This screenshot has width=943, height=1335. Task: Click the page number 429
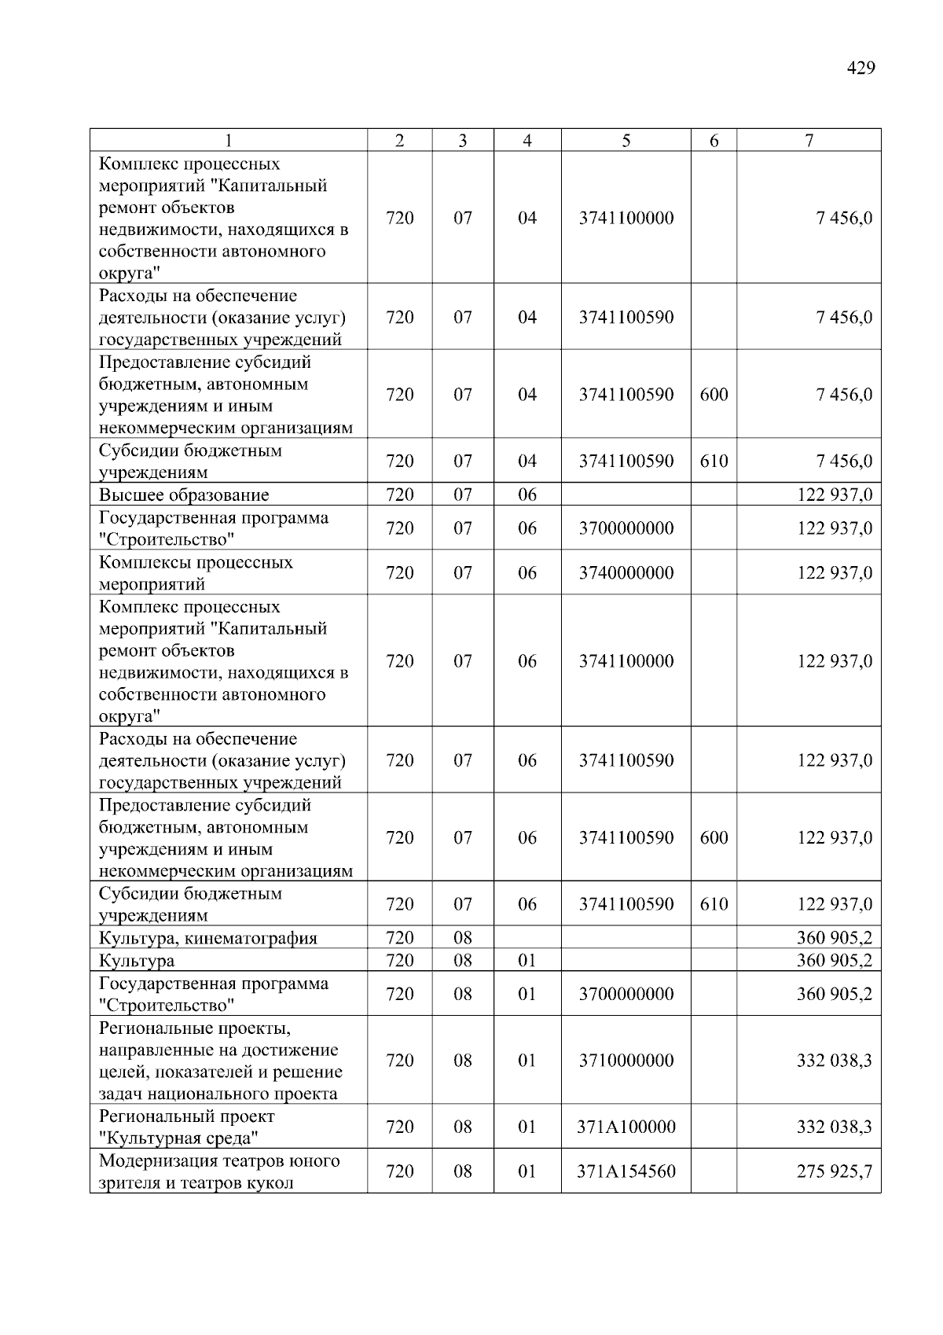click(x=860, y=68)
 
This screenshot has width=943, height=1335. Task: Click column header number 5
click(x=626, y=141)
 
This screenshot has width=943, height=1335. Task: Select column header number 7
click(x=809, y=141)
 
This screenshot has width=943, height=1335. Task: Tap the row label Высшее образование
click(x=184, y=495)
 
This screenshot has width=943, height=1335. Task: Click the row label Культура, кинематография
click(x=208, y=938)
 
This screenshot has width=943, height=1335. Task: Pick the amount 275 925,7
click(x=834, y=1171)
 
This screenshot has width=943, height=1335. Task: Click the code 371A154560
click(x=626, y=1171)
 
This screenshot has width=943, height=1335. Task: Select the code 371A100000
click(x=626, y=1127)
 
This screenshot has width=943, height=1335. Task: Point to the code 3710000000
click(x=626, y=1061)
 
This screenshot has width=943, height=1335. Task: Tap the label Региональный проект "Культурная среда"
click(x=187, y=1127)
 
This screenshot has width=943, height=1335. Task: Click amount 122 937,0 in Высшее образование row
click(x=834, y=495)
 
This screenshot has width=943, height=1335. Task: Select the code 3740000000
click(x=626, y=573)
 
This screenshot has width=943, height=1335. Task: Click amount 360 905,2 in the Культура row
click(x=834, y=961)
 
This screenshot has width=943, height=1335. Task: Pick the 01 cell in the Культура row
click(x=527, y=961)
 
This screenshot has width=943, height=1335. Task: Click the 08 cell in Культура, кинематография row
click(x=463, y=938)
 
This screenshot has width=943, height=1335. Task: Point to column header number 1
click(x=228, y=141)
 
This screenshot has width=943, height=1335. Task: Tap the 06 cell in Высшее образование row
click(x=527, y=495)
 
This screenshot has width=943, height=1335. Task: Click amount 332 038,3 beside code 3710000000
click(x=834, y=1061)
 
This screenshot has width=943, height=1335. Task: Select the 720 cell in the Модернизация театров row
click(x=400, y=1171)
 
